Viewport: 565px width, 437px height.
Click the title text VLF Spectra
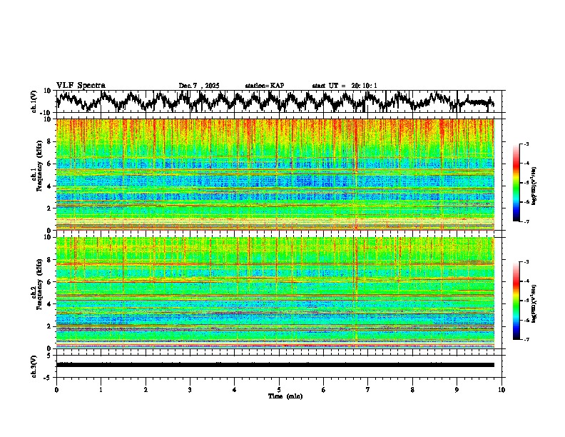pyautogui.click(x=81, y=85)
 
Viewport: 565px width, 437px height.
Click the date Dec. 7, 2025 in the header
pyautogui.click(x=199, y=86)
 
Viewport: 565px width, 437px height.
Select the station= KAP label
pyautogui.click(x=264, y=86)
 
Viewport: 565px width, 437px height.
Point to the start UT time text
pyautogui.click(x=345, y=86)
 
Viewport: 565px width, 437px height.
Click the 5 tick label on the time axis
pyautogui.click(x=279, y=390)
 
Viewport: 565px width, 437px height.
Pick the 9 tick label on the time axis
pyautogui.click(x=457, y=390)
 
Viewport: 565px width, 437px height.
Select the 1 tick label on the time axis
pyautogui.click(x=101, y=390)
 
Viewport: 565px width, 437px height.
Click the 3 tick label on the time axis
pyautogui.click(x=190, y=390)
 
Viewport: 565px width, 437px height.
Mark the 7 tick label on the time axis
pyautogui.click(x=368, y=390)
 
